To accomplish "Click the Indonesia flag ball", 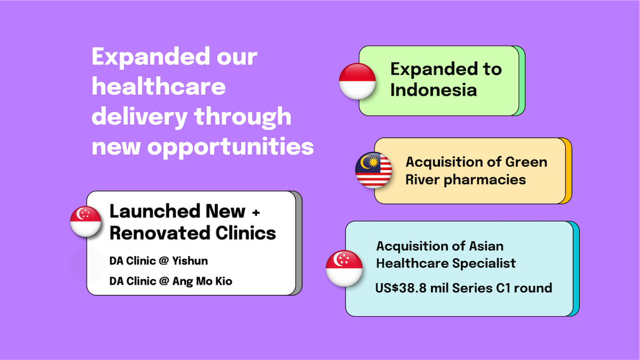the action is coord(357,82).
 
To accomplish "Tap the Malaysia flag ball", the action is coord(373,170).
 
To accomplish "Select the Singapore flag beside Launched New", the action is coord(85,221).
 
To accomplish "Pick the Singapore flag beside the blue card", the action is coord(344,268).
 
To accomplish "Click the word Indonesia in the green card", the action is coord(434,90).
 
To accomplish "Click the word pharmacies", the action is coord(485,180).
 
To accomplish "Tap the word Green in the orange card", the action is coord(526,162).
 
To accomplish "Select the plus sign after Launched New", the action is coord(256,212).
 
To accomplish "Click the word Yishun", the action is coord(190,261).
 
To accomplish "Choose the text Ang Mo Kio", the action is coord(202,281).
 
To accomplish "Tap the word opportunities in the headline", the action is coord(230,147).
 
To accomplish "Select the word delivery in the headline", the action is coord(139,117).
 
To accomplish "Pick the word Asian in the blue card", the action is coord(486,246).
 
